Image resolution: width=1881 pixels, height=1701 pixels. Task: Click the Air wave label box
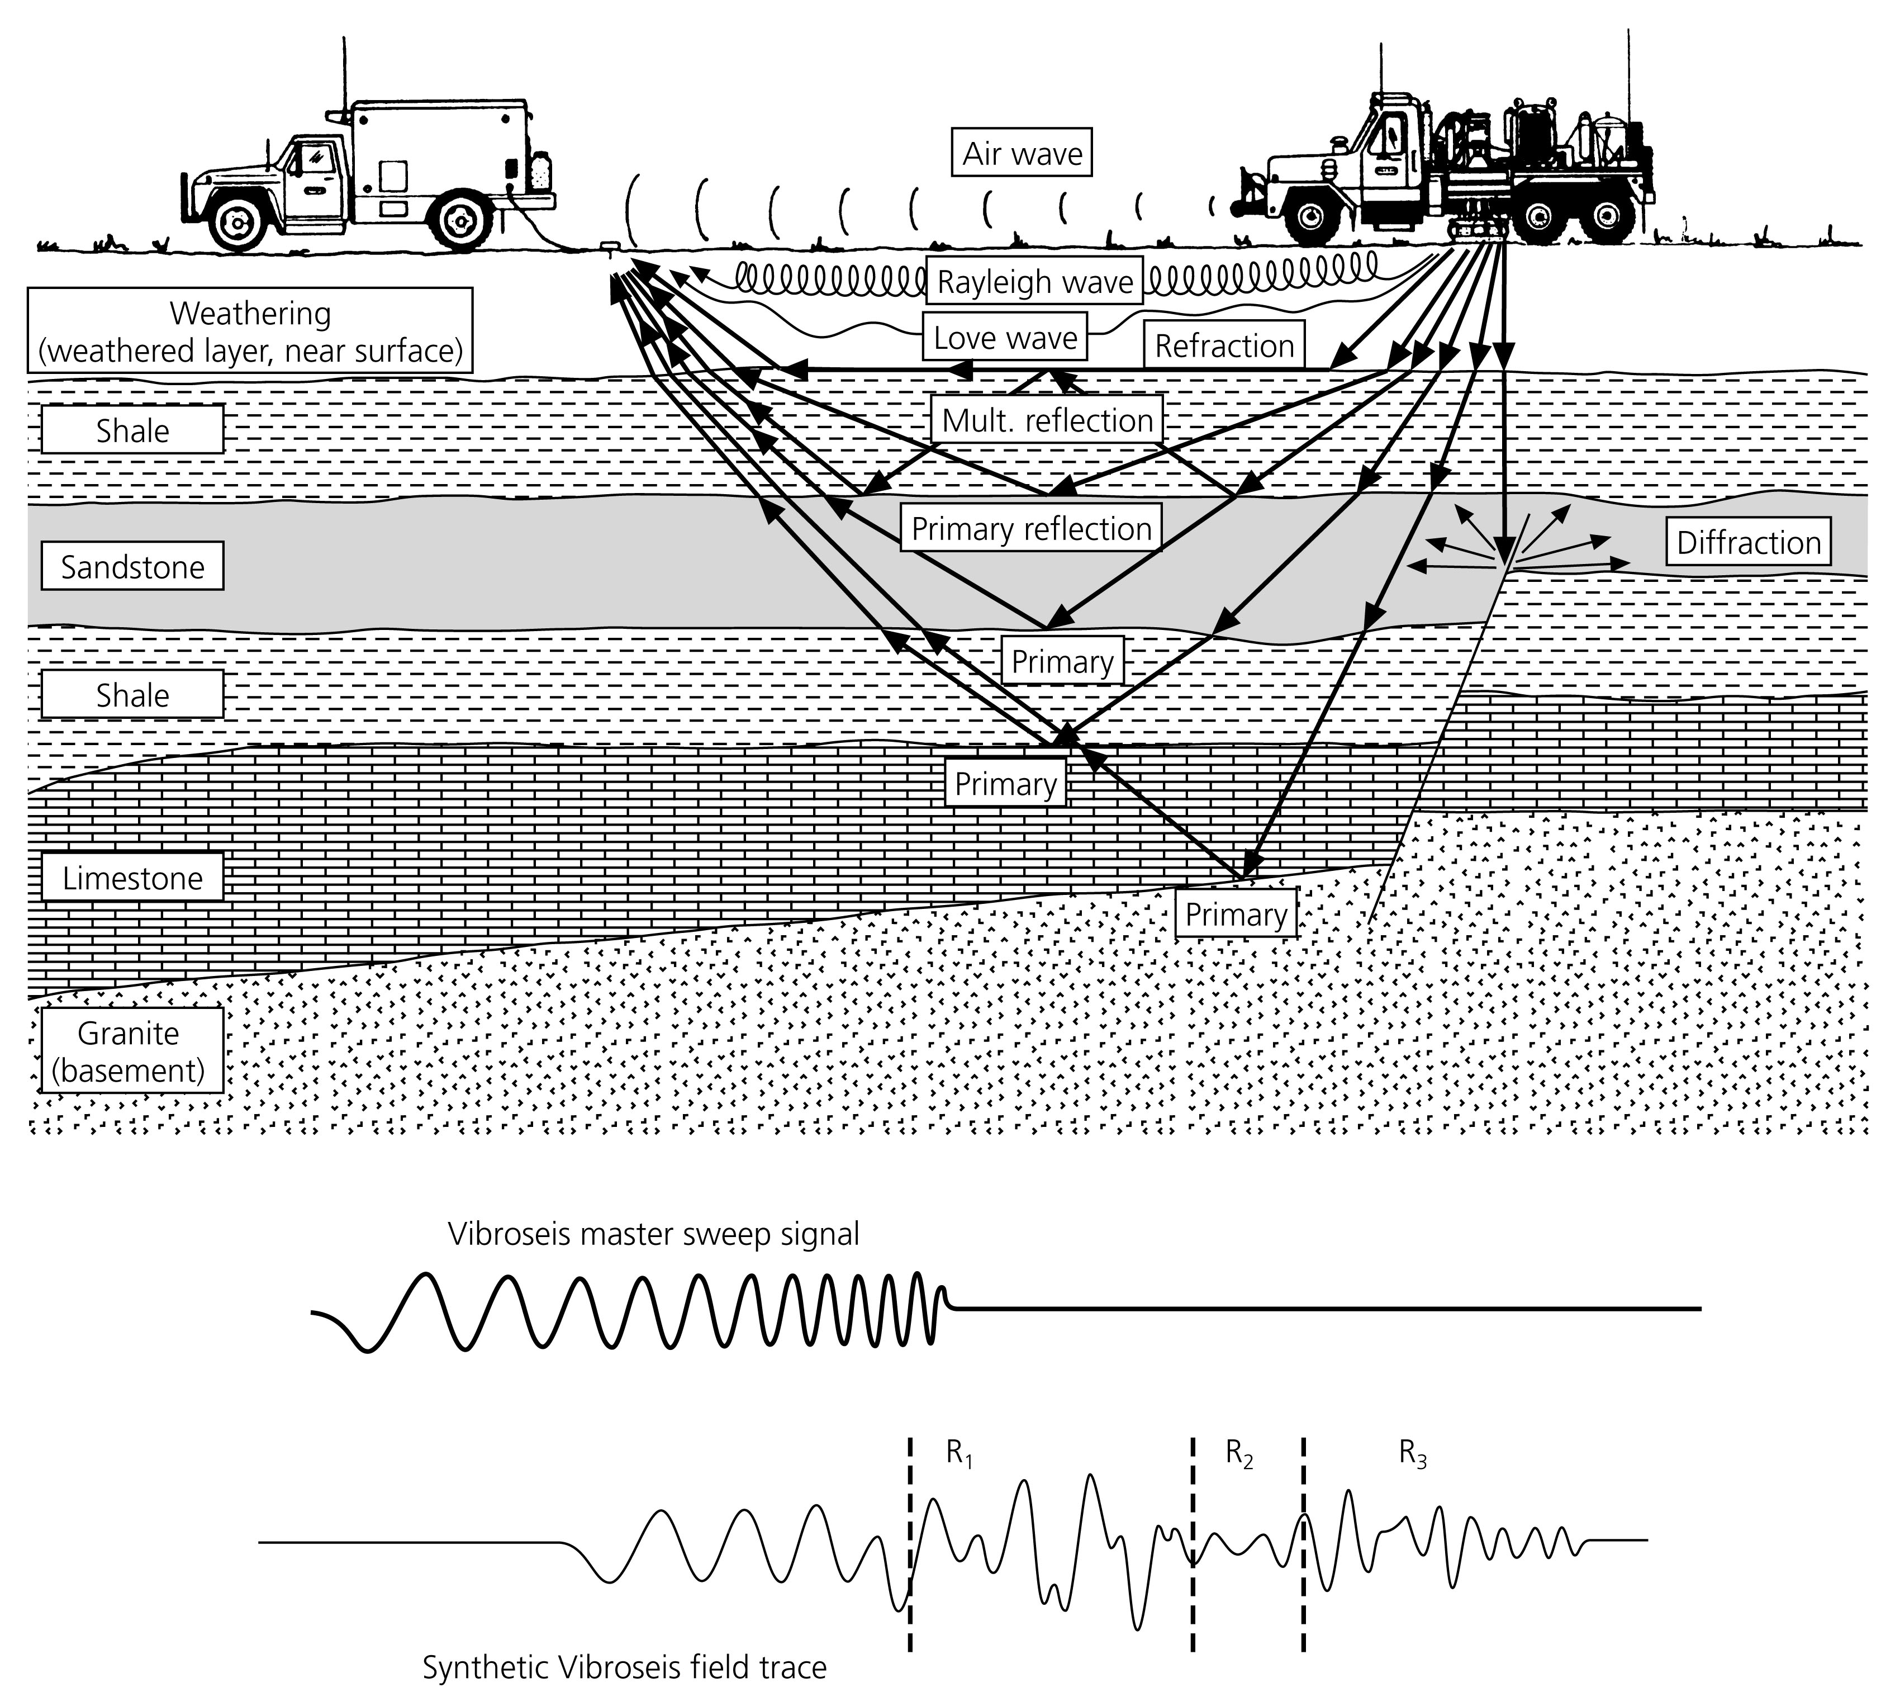click(x=1022, y=153)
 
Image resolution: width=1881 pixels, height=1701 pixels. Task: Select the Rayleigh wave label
click(x=1034, y=281)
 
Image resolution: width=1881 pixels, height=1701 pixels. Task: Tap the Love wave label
click(x=1005, y=337)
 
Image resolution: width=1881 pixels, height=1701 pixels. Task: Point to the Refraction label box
click(x=1223, y=345)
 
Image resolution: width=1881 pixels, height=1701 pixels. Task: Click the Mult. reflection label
click(x=1047, y=420)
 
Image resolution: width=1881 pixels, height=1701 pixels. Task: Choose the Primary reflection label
click(x=1031, y=528)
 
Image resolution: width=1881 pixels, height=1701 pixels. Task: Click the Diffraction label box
click(x=1747, y=542)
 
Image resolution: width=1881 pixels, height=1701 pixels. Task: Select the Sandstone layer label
click(x=132, y=566)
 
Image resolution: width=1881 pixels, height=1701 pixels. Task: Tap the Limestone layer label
click(x=132, y=877)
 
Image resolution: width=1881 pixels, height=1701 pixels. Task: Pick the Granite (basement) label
click(x=129, y=1051)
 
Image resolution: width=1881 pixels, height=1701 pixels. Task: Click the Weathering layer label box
click(x=250, y=330)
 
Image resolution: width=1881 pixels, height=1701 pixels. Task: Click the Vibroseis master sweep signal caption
click(x=653, y=1234)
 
